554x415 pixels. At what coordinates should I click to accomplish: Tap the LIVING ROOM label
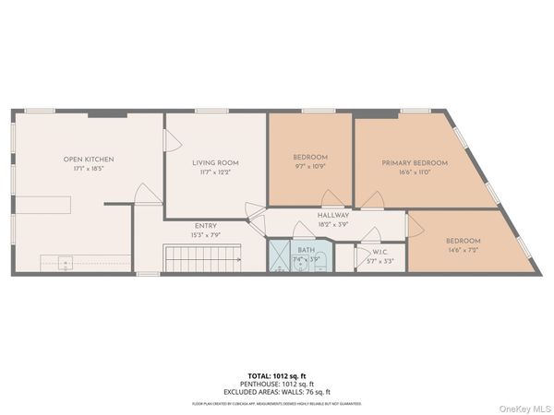click(x=215, y=162)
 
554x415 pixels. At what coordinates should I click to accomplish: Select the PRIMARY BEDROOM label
click(x=415, y=163)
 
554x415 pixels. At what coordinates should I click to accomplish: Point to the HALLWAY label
click(x=307, y=215)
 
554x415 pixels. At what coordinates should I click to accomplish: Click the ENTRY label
click(x=206, y=225)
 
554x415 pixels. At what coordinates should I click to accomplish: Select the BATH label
click(x=307, y=250)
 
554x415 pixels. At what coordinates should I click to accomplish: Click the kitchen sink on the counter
click(x=67, y=263)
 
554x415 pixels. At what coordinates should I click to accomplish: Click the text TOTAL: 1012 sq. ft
click(x=277, y=377)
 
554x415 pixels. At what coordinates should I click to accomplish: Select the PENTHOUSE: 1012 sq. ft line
click(x=277, y=384)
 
